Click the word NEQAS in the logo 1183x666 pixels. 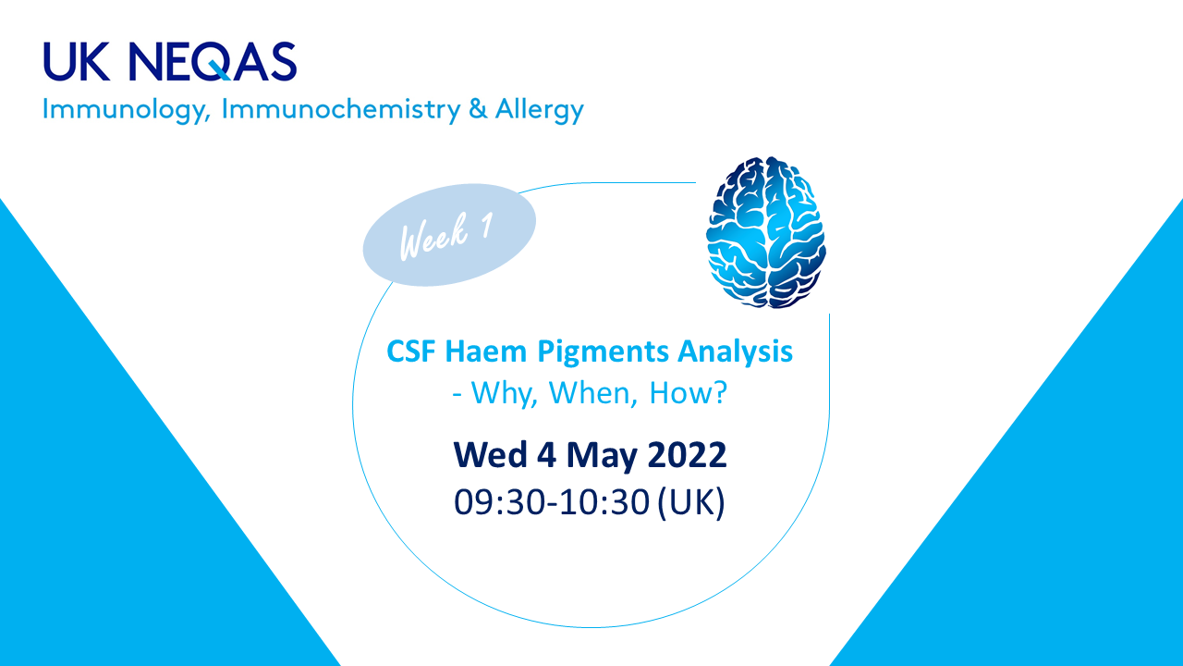pos(213,61)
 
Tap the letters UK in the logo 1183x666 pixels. pos(77,62)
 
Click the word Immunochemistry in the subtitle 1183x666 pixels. pos(341,110)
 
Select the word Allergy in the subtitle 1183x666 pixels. pos(539,110)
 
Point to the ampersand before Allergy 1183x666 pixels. pos(478,109)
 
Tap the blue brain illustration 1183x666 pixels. pos(766,232)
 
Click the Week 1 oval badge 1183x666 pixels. pos(449,235)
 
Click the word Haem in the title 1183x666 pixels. pos(486,351)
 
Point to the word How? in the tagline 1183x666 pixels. pos(688,393)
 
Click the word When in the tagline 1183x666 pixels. pos(593,394)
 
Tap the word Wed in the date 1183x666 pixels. pos(491,454)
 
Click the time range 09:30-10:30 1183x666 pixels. pos(552,501)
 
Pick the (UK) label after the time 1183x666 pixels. pos(691,502)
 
